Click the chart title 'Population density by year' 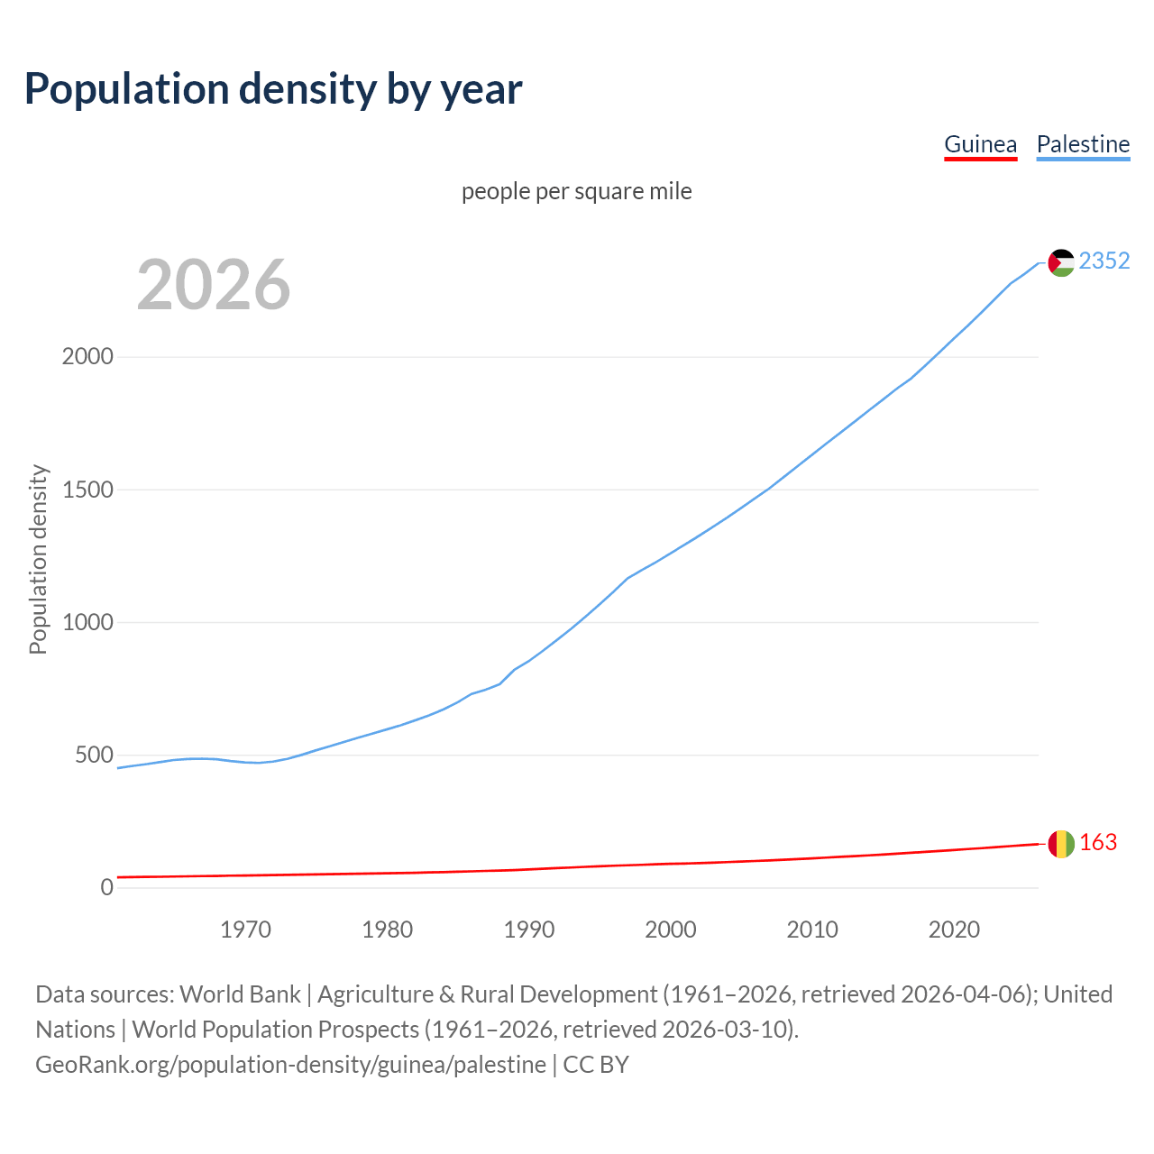[273, 88]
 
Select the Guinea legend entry [980, 144]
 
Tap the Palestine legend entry [1083, 144]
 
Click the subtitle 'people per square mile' [576, 191]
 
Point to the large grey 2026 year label [214, 285]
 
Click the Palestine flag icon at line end [1061, 262]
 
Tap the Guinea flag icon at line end [1061, 844]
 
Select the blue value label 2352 [1104, 261]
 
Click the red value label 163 [1097, 843]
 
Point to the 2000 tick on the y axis [87, 357]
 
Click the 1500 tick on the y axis [87, 490]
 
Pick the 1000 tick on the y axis [87, 622]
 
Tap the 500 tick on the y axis [94, 756]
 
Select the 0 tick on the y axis [107, 888]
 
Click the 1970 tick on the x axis [245, 930]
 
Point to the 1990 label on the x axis [529, 930]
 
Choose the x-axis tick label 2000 [671, 930]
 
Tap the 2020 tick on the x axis [954, 930]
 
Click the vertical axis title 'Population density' [38, 559]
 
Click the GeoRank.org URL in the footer [290, 1065]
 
